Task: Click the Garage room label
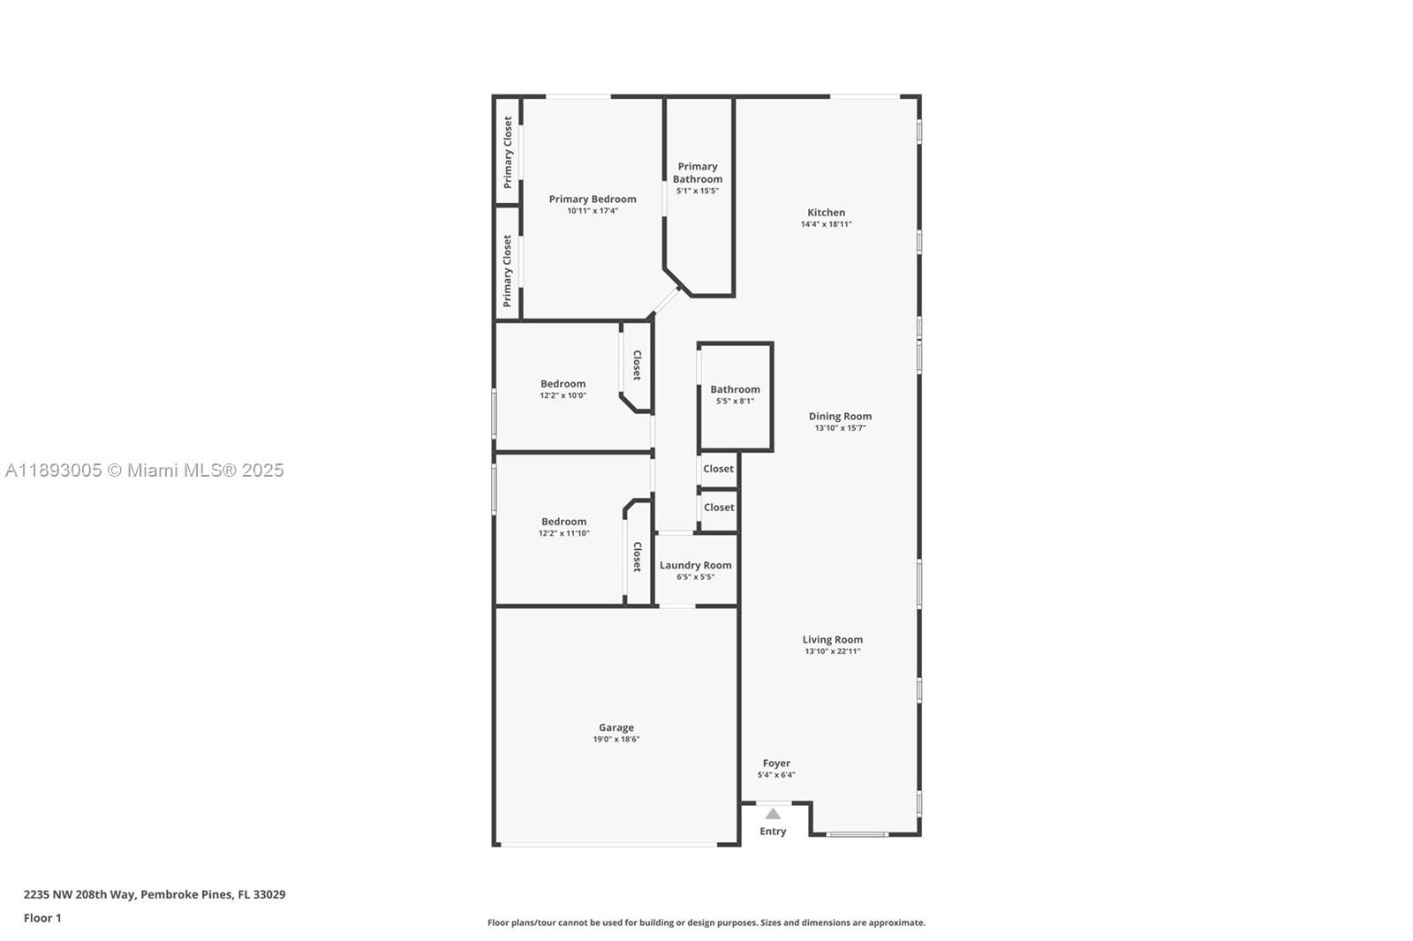[x=616, y=727]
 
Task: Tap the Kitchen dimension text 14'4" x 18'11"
[x=826, y=224]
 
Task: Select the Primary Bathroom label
[x=697, y=172]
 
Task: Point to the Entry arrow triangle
[x=773, y=814]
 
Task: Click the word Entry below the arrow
[x=773, y=832]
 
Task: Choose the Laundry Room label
[x=695, y=565]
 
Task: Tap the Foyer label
[x=776, y=763]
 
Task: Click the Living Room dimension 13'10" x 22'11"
[x=832, y=651]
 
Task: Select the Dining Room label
[x=840, y=416]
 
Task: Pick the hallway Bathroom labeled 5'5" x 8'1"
[x=735, y=389]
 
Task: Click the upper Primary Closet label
[x=508, y=153]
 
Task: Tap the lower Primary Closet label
[x=508, y=270]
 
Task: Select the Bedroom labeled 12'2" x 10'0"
[x=563, y=384]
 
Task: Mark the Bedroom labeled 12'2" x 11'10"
[x=563, y=522]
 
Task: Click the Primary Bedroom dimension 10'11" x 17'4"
[x=592, y=211]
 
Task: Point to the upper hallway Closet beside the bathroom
[x=718, y=469]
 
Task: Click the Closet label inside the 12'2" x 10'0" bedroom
[x=637, y=365]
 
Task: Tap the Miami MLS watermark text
[x=145, y=470]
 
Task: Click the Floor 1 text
[x=42, y=918]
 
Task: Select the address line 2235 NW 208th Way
[x=155, y=894]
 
